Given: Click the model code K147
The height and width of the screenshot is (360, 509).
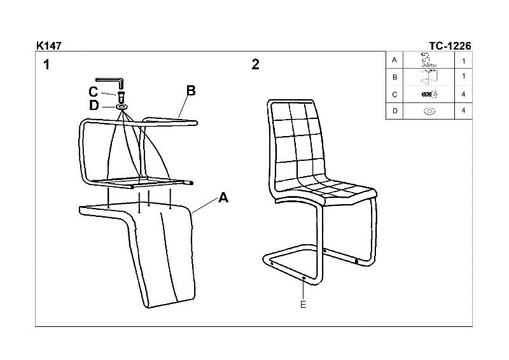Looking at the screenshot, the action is point(49,46).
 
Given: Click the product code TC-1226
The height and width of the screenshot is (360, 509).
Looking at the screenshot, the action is point(450,46).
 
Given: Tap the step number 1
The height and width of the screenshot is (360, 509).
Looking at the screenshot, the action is point(46,65).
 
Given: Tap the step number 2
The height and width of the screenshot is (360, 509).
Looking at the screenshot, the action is point(256,64).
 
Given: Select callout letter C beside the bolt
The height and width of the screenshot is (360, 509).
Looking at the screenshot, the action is point(93,92).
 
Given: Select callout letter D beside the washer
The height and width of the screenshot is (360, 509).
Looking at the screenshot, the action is point(94,105).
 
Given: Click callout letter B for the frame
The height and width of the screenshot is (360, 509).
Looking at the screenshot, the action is point(192,90).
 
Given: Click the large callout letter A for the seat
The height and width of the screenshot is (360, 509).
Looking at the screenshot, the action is point(223,197).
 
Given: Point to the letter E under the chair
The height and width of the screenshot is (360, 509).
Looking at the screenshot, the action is point(303,305).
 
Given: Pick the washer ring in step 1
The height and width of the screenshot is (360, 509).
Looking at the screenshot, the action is point(121,107).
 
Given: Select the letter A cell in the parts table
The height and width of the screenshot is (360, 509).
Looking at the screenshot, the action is point(394,60).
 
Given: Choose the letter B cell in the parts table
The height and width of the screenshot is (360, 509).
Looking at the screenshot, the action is point(394,77).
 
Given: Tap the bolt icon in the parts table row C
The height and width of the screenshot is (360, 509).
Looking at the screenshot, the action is point(429,95).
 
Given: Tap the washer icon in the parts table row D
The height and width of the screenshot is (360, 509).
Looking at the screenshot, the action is point(429,111).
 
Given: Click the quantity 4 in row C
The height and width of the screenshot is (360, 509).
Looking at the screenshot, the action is point(463,94).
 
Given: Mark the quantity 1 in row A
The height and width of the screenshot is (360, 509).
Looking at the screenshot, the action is point(464,60).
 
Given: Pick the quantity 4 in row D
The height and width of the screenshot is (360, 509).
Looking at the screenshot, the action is point(463,111).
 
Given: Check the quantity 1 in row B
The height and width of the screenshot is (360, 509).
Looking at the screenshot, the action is point(464,76).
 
